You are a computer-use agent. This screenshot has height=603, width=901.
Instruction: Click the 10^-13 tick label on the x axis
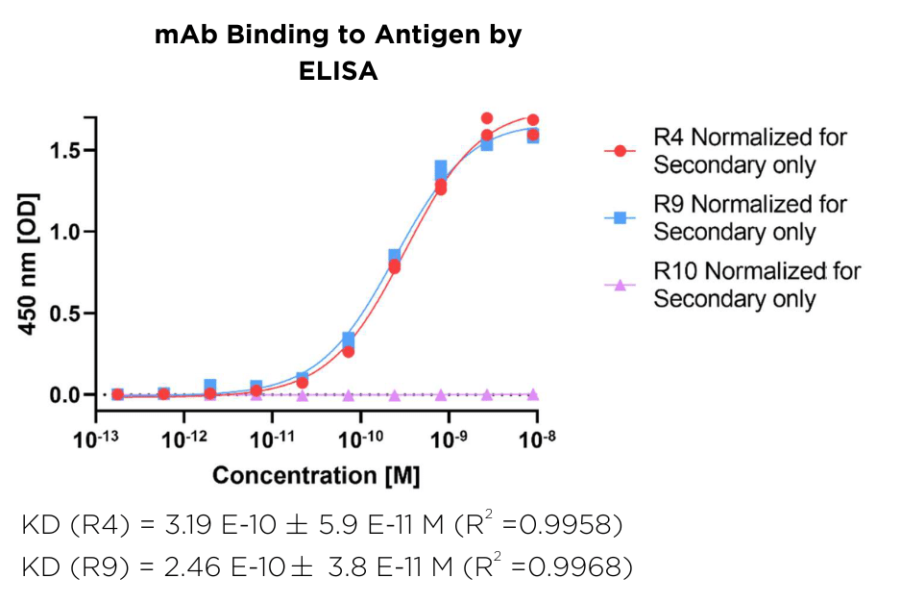pyautogui.click(x=96, y=439)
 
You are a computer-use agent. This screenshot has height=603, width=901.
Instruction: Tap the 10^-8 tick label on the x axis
pyautogui.click(x=536, y=439)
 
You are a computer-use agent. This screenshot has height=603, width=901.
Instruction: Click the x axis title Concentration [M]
pyautogui.click(x=316, y=476)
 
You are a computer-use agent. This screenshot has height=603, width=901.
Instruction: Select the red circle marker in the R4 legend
pyautogui.click(x=621, y=151)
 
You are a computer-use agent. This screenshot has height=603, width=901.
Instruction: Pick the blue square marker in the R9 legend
pyautogui.click(x=621, y=218)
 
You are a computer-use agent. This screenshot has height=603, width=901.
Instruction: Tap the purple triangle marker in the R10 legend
pyautogui.click(x=621, y=285)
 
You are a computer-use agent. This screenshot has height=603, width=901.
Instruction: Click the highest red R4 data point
pyautogui.click(x=487, y=118)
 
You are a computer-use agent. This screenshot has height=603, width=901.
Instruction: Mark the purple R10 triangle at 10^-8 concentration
pyautogui.click(x=533, y=394)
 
